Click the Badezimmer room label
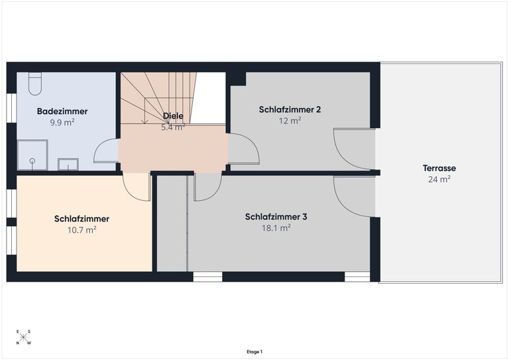click(62, 111)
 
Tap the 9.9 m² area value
click(62, 123)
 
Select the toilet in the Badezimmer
click(35, 84)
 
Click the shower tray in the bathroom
click(32, 155)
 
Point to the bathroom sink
click(68, 164)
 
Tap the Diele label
click(173, 116)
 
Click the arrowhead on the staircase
click(144, 121)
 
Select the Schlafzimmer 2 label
click(290, 109)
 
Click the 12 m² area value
click(290, 121)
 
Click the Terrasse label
click(439, 168)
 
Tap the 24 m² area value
click(439, 179)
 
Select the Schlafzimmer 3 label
click(276, 217)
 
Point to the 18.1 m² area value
click(276, 228)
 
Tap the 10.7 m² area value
click(82, 230)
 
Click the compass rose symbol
click(23, 337)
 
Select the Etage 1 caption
click(254, 351)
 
